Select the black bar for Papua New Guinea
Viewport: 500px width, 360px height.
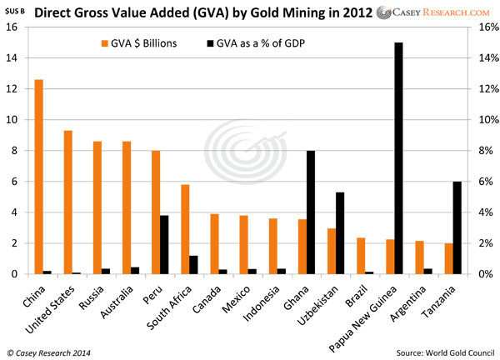click(398, 158)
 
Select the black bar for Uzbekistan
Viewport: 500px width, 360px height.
click(340, 233)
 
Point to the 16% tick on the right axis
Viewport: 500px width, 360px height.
click(482, 27)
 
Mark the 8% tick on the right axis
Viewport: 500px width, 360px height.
click(480, 151)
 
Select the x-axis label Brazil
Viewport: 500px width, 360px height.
click(359, 292)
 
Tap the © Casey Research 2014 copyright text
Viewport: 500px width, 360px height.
click(49, 350)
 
